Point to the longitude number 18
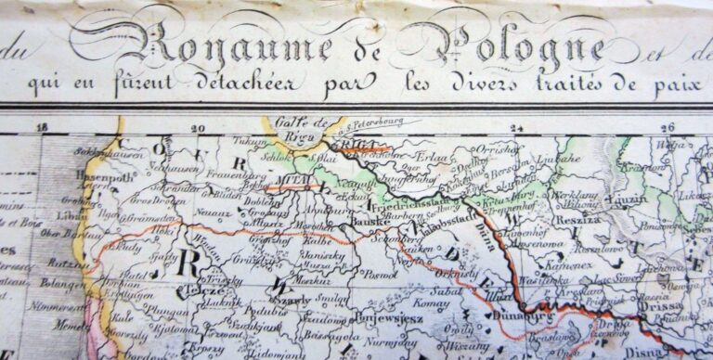coord(40,129)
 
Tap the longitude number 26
coord(665,129)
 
